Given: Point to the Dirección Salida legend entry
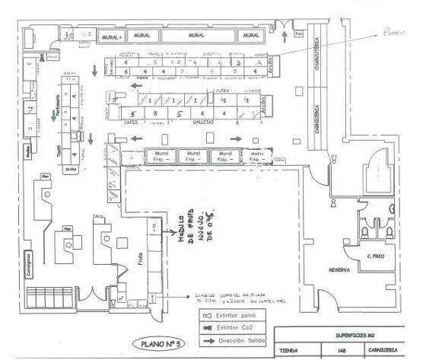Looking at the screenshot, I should click(236, 337).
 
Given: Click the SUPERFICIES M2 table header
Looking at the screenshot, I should click(343, 335).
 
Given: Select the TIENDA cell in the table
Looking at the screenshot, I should click(290, 352).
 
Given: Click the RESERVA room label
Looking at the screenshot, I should click(339, 269).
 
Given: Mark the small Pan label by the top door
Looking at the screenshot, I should click(299, 34).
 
